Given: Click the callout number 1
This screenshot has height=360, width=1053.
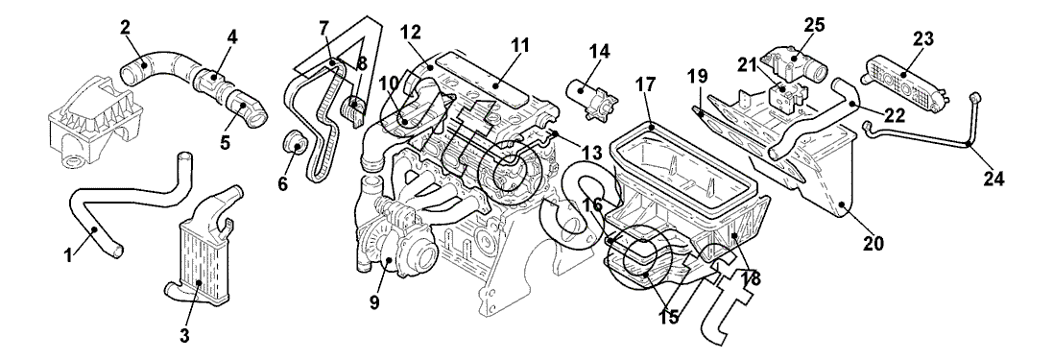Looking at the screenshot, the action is click(68, 255).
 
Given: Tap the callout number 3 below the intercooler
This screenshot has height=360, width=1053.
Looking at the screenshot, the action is click(184, 335).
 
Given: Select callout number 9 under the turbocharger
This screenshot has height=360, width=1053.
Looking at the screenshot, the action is click(374, 303).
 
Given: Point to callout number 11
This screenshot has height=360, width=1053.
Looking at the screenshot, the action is click(520, 46).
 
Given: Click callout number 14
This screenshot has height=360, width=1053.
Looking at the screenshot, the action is click(599, 51).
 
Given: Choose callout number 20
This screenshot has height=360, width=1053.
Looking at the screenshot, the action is click(874, 243).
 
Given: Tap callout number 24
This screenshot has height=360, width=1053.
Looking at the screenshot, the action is click(993, 179).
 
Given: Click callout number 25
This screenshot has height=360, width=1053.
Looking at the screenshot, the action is click(815, 26).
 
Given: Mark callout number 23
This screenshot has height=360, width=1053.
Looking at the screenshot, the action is click(922, 39).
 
